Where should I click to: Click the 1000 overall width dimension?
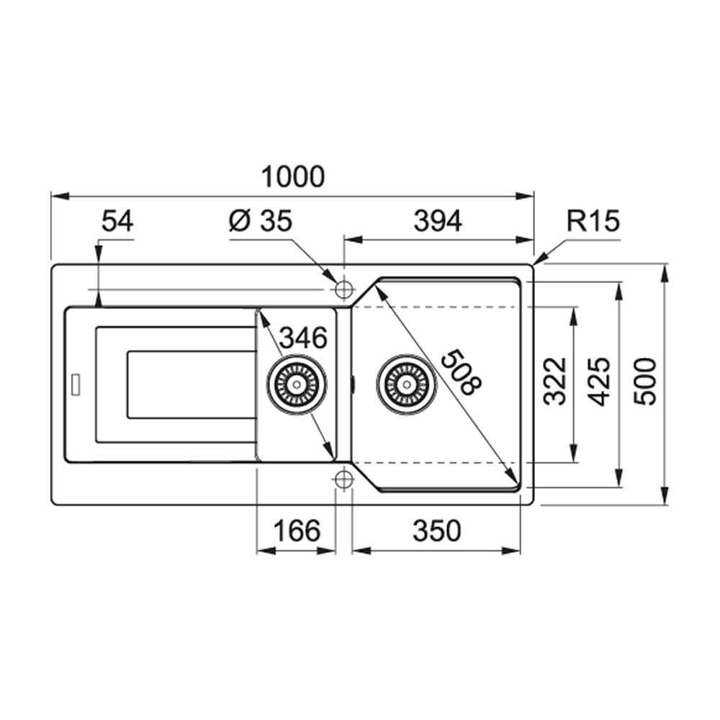pyautogui.click(x=293, y=177)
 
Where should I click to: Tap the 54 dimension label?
pyautogui.click(x=117, y=220)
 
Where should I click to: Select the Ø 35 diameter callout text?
pyautogui.click(x=261, y=220)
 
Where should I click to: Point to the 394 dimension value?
pyautogui.click(x=438, y=221)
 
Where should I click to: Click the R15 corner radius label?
pyautogui.click(x=593, y=220)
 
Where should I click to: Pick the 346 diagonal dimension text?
pyautogui.click(x=304, y=338)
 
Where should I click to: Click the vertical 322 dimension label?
pyautogui.click(x=554, y=381)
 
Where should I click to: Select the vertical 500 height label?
pyautogui.click(x=645, y=382)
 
